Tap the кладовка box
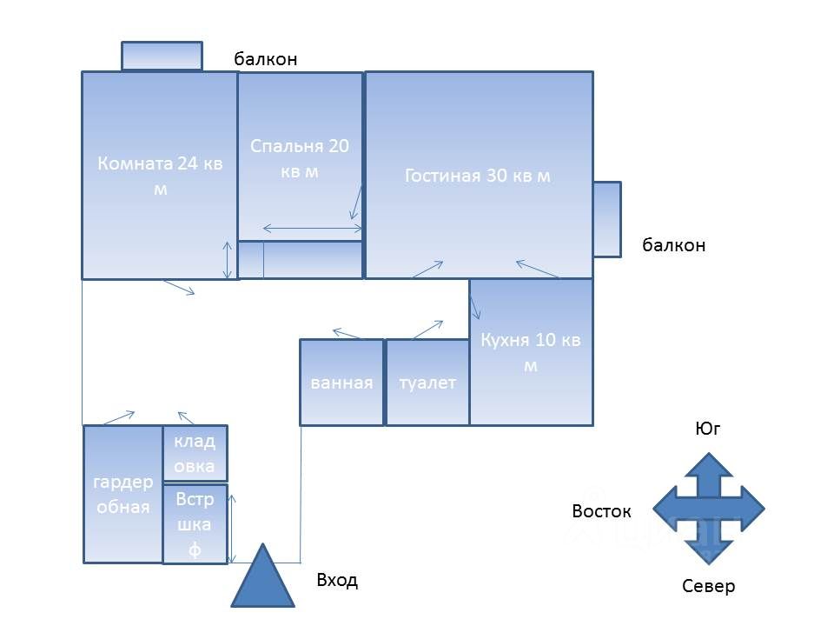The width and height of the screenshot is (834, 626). coord(195,453)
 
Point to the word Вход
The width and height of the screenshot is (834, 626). coord(337,580)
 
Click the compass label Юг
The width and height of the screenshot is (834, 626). coord(708,429)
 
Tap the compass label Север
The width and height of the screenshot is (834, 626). coord(708,586)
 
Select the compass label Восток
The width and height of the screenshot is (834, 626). coord(601,511)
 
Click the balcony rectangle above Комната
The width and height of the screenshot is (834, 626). coord(162,56)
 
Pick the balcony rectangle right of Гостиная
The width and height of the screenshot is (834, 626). coord(607,219)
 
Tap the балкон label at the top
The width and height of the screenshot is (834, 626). coord(266,59)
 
